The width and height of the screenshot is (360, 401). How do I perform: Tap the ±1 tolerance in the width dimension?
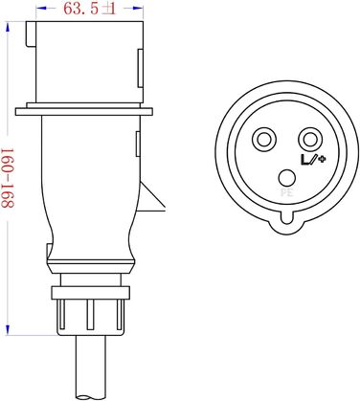(109, 11)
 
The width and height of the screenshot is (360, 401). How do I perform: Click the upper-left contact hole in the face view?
(261, 140)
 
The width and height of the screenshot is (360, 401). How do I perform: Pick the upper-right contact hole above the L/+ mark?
(308, 140)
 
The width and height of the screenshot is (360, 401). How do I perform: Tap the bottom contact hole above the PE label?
(285, 176)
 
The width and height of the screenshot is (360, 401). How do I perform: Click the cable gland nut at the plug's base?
(87, 311)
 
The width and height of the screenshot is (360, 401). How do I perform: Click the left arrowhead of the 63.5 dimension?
(36, 11)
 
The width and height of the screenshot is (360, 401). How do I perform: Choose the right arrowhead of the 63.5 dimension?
(143, 11)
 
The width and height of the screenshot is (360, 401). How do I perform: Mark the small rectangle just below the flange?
(140, 144)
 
